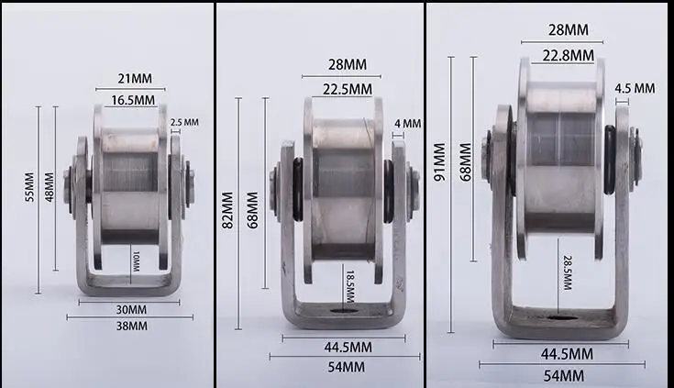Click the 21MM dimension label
[x=135, y=79]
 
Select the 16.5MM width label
[x=133, y=101]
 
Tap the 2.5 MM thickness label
[x=184, y=123]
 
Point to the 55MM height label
[x=29, y=187]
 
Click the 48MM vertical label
[x=50, y=187]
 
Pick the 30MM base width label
[x=131, y=310]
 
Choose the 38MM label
[x=131, y=326]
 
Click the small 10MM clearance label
[x=136, y=261]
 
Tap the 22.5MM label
[x=348, y=90]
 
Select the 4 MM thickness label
[x=407, y=124]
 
